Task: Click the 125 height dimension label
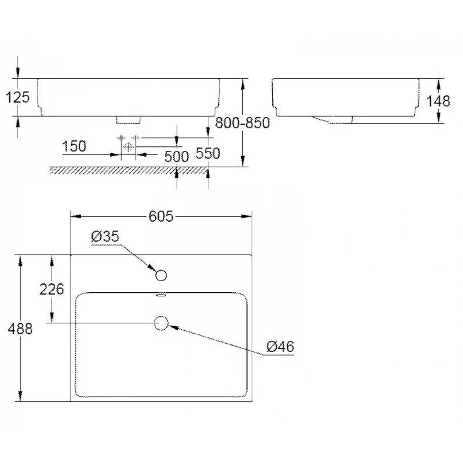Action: coord(18,97)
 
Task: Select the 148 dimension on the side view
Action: coord(438,101)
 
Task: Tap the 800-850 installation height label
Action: coord(242,123)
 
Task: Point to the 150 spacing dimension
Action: coord(74,147)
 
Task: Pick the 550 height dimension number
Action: coord(208,153)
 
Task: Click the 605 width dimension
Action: coord(161,217)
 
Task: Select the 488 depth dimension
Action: coord(20,328)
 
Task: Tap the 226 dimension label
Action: coord(51,289)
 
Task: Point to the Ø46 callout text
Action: coord(280,347)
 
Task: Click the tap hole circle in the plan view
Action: coord(161,276)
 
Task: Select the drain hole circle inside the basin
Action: coord(161,323)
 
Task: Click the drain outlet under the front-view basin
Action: coord(128,120)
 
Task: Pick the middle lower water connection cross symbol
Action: coord(128,146)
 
